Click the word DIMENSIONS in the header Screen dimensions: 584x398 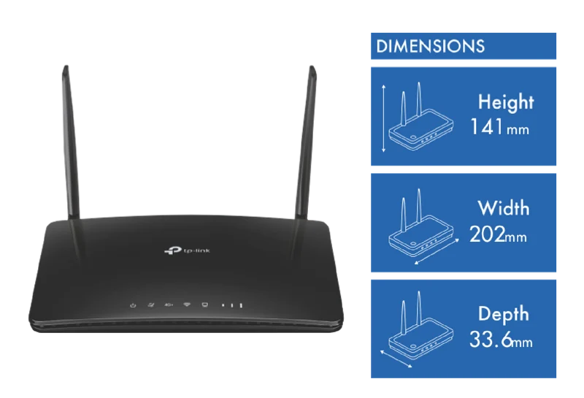point(430,46)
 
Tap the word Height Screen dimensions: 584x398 point(506,102)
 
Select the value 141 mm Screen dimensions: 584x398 point(500,127)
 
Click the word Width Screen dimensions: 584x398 point(503,207)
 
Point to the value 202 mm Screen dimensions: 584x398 point(499,234)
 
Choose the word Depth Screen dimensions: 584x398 point(503,314)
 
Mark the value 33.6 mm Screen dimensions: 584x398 point(501,340)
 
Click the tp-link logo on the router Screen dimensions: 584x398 point(187,250)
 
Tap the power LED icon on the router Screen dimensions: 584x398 point(133,305)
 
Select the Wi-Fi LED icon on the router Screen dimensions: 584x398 point(187,305)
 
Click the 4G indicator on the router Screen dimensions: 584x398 point(169,305)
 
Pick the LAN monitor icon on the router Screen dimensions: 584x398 point(204,305)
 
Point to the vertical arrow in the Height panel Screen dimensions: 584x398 point(384,118)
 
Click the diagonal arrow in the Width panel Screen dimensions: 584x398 point(437,252)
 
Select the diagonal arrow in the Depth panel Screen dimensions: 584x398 point(396,359)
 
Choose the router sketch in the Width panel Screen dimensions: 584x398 point(421,223)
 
